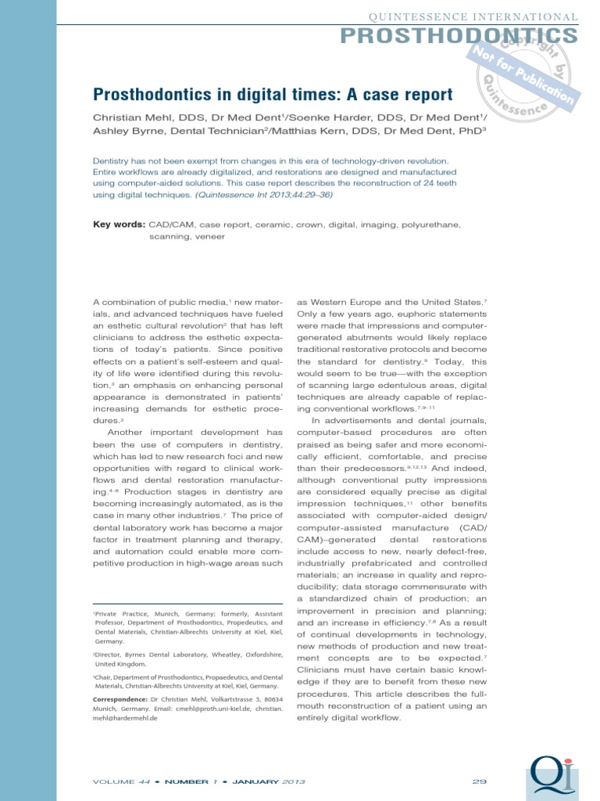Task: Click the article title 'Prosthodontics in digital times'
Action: coord(273,95)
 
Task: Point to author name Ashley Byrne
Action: coord(123,131)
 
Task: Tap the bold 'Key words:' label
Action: coord(119,224)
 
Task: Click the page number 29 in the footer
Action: coord(480,781)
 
